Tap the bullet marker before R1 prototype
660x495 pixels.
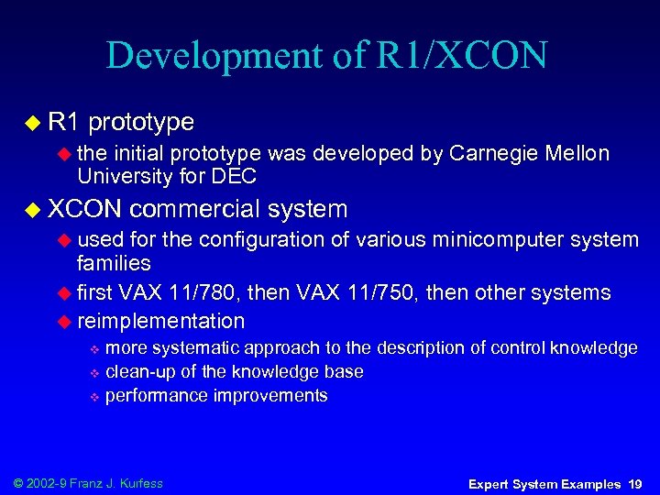33,122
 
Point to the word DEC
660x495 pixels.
236,175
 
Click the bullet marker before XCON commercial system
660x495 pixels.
33,210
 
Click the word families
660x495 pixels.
114,264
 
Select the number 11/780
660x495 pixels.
214,292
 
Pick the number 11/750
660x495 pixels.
395,292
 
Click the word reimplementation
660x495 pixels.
161,321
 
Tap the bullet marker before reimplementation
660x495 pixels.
64,321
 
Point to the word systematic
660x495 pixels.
196,348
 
